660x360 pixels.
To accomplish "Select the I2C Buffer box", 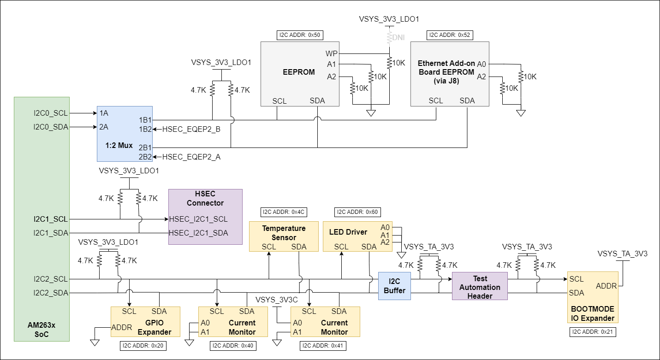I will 394,286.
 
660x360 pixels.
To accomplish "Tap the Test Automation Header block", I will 480,286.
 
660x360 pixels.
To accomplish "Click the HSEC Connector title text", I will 205,199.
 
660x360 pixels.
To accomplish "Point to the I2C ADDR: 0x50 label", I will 298,35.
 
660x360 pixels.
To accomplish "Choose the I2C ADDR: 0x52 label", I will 450,35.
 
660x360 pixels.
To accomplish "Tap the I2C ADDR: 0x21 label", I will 593,332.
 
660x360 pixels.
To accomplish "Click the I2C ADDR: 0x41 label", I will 322,346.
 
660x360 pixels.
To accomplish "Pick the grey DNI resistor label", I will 398,37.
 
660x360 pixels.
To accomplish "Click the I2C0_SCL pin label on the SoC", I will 50,112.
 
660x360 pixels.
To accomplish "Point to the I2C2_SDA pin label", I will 51,293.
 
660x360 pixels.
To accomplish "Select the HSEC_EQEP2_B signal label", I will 191,130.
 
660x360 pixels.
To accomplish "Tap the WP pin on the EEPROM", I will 331,53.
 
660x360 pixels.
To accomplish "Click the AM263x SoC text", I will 42,330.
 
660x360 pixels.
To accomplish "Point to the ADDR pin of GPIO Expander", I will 122,328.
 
